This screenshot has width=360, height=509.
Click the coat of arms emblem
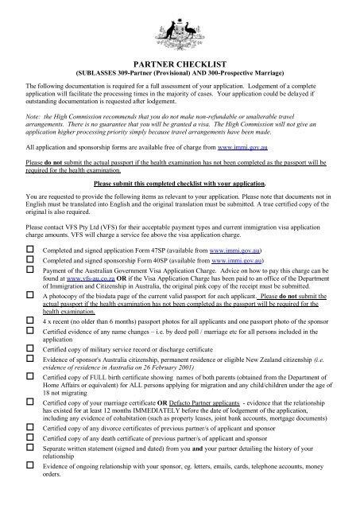coord(180,29)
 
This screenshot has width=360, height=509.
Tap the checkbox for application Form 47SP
coord(30,249)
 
